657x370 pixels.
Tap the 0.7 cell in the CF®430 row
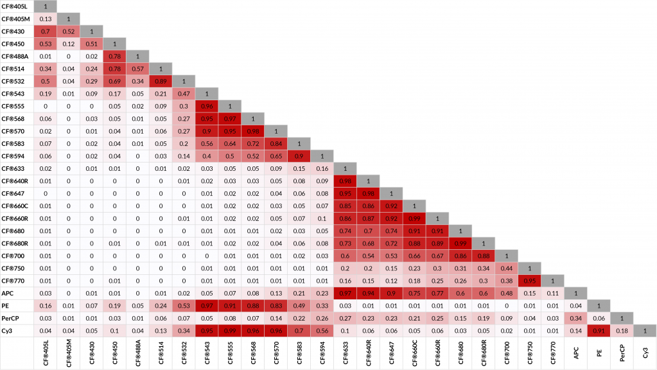pyautogui.click(x=46, y=31)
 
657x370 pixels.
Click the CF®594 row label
pyautogui.click(x=13, y=156)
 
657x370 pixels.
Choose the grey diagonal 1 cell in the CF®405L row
pyautogui.click(x=46, y=6)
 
